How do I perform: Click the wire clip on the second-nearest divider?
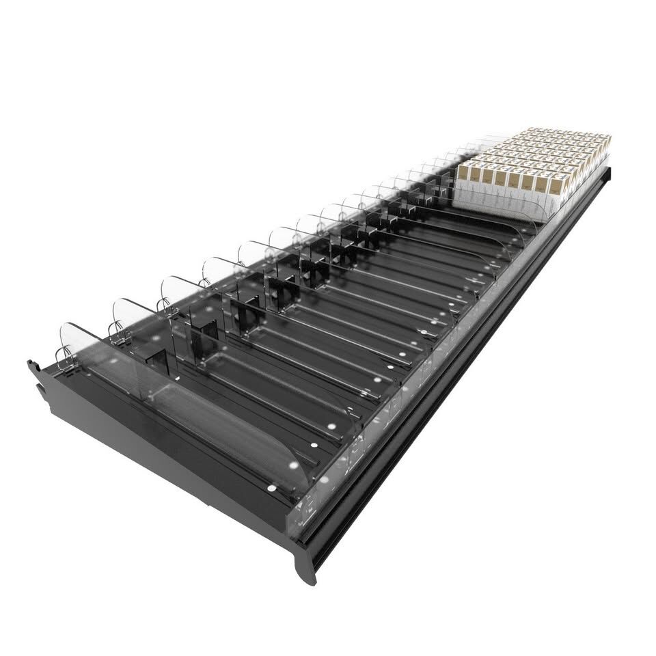pos(117,331)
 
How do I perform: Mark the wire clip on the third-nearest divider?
pos(164,307)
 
